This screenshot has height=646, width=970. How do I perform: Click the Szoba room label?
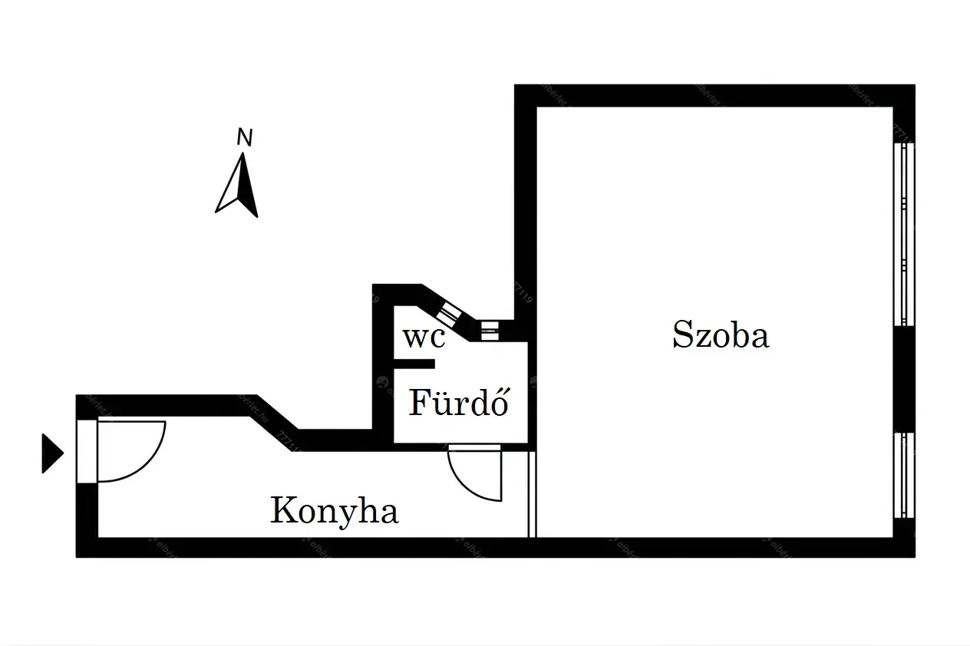(721, 336)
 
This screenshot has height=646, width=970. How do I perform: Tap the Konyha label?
(335, 511)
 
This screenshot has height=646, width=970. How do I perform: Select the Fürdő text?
(459, 403)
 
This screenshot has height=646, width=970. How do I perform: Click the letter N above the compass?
(244, 138)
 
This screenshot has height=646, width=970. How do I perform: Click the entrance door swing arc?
(146, 460)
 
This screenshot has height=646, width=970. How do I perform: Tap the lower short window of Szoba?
(904, 474)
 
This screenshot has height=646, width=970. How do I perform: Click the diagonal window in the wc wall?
(449, 311)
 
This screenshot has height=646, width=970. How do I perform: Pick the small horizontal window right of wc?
(489, 330)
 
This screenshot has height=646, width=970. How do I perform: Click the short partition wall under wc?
(414, 363)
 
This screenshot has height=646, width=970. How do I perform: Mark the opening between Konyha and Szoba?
(532, 495)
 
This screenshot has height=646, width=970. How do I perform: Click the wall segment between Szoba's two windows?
(904, 379)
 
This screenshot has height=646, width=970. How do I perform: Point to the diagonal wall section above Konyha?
(276, 422)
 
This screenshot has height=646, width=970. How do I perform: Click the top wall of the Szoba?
(714, 96)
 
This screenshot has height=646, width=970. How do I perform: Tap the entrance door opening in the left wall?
(87, 451)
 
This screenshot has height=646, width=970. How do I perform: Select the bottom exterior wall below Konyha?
(307, 547)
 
